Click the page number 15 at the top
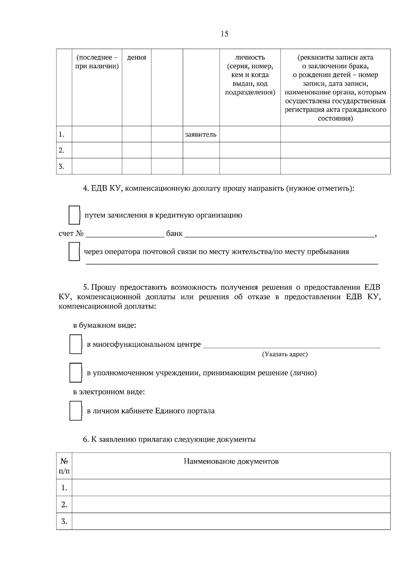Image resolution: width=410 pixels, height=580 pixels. pos(224,34)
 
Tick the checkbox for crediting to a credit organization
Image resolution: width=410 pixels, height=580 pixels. pos(74,215)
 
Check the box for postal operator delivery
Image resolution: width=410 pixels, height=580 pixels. pos(74,251)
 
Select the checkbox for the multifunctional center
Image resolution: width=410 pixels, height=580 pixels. pos(76,344)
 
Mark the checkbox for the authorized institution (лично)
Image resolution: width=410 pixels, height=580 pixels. pos(76,372)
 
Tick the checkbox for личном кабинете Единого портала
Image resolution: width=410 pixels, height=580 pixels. pos(76,411)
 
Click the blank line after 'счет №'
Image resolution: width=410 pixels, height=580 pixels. pos(125,234)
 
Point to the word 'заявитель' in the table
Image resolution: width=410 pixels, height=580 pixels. pos(201,134)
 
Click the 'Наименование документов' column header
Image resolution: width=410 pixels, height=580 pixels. pos(231,461)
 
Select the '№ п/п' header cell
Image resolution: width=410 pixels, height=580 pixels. pos(64,466)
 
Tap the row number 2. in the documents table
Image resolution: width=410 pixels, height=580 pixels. pos(64,505)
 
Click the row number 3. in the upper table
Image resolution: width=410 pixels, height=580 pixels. pos(61,166)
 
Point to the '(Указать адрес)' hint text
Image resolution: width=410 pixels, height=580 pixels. pos(285,354)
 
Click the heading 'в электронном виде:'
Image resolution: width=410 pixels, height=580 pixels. pos(109,392)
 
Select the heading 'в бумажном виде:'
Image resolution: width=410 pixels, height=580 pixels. pos(105,325)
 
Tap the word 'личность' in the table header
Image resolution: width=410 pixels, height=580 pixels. pos(250,57)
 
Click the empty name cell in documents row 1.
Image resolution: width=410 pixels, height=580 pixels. pos(231,487)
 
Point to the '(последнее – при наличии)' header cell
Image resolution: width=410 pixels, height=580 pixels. pos(97,62)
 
